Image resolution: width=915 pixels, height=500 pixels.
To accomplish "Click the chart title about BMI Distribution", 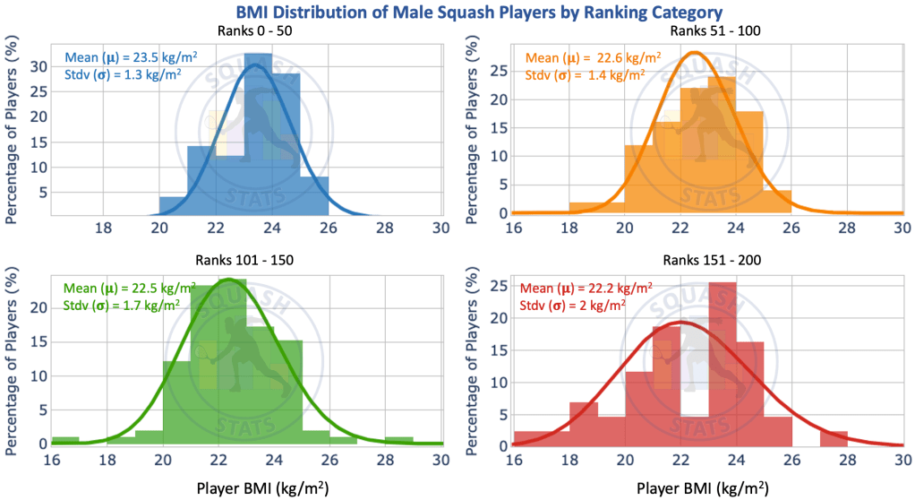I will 466,13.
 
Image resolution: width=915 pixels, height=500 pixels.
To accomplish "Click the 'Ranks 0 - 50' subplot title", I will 256,31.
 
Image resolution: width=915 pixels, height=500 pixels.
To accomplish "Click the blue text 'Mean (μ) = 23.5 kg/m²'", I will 131,58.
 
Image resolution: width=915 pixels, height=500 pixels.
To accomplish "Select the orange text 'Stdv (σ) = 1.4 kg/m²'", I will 585,75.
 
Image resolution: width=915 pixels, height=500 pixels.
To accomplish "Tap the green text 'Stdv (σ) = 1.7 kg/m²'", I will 122,305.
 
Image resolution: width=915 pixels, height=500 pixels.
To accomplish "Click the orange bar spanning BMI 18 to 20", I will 596,208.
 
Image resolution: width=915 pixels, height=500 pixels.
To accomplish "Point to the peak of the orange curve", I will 694,53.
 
